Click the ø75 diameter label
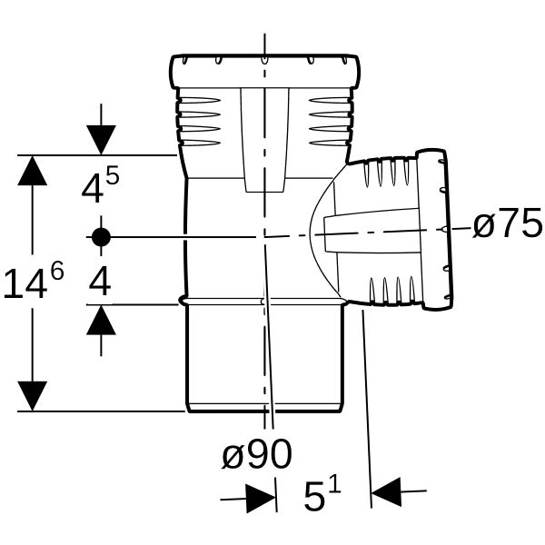coord(508,223)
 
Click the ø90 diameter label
coord(257,454)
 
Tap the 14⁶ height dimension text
coord(34,280)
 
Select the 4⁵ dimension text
coord(100,184)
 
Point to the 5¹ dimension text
coord(322,494)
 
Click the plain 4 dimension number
coord(100,282)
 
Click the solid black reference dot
coord(101,237)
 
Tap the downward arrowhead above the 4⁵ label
coord(101,140)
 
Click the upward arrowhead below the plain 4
coord(101,320)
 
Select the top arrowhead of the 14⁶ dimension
coord(33,171)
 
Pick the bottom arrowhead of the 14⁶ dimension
coord(33,396)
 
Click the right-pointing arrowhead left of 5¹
coord(261,499)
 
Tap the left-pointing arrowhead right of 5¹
coord(386,492)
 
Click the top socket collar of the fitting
coord(265,71)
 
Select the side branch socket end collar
coord(435,230)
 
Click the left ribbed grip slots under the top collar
coord(200,122)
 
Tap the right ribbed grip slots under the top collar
coord(331,122)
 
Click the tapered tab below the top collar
coord(265,140)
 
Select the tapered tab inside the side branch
coord(372,231)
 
